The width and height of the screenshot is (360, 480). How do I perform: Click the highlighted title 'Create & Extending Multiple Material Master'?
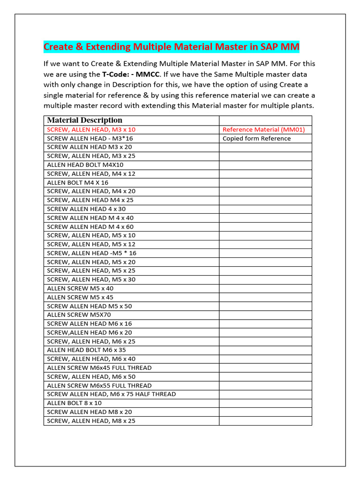pos(171,47)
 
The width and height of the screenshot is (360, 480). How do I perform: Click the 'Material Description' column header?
pos(85,120)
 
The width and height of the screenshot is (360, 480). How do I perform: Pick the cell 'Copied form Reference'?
pos(256,138)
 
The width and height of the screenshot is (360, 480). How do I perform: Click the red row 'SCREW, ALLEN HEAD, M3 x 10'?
pos(91,129)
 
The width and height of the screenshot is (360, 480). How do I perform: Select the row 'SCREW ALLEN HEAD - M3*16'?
pos(90,138)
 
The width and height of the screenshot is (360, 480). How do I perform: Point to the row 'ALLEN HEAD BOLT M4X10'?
pos(85,165)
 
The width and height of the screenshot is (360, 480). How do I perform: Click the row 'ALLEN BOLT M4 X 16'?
pos(78,182)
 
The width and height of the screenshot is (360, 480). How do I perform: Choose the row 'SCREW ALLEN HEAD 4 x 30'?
pos(86,209)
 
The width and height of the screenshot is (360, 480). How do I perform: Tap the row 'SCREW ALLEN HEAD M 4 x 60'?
pos(90,227)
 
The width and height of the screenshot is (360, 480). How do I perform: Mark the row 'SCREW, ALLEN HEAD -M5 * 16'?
pos(92,253)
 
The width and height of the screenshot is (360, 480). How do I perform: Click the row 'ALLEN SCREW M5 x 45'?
pos(80,297)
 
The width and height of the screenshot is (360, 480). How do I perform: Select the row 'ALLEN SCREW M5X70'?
pos(79,315)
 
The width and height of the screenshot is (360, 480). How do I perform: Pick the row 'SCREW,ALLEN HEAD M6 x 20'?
pos(90,332)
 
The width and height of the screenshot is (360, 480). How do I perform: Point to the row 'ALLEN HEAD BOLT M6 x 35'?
pos(86,350)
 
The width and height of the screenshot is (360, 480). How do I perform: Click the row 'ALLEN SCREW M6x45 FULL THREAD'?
pos(99,368)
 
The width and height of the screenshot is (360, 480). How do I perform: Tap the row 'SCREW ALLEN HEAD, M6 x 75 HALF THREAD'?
pos(112,394)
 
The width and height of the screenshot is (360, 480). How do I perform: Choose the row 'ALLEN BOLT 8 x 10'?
pos(75,403)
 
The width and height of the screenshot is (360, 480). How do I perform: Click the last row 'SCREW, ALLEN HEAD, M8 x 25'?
pos(91,421)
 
